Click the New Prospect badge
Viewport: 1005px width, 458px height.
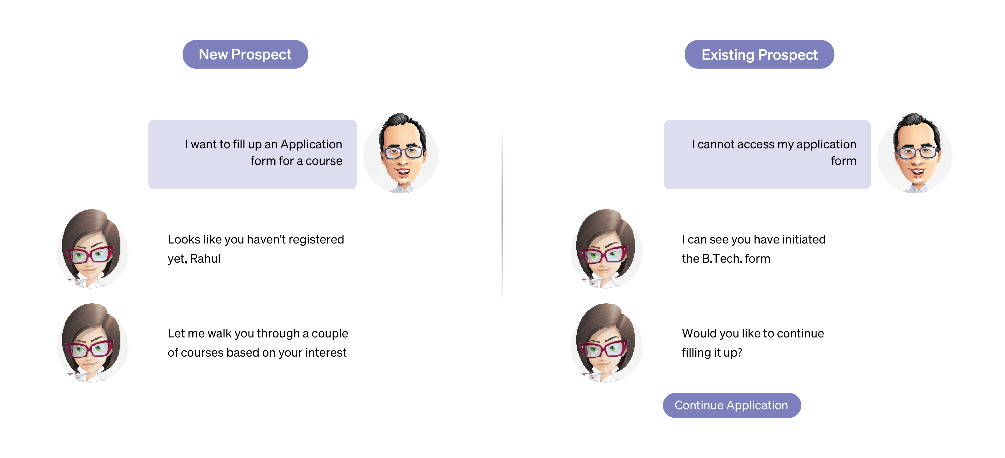pos(245,54)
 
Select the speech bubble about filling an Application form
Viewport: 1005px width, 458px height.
pos(252,154)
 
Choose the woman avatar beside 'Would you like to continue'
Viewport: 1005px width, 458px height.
pos(606,343)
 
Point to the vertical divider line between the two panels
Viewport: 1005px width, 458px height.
pos(502,215)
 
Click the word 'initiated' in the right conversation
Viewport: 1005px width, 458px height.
pos(804,239)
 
